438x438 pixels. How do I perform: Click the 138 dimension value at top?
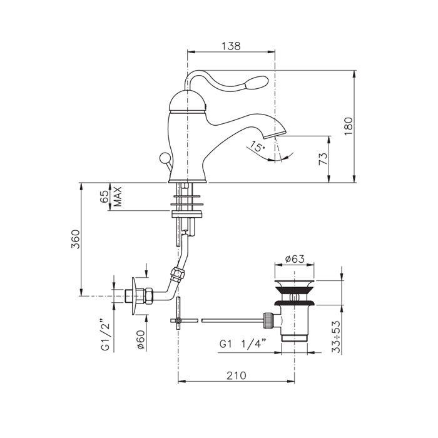coord(231,46)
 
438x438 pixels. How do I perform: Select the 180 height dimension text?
coord(349,126)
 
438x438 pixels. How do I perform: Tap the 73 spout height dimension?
coord(323,159)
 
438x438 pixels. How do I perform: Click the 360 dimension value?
coord(76,239)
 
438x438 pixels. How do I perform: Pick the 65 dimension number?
coord(104,196)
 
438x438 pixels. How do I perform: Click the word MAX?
coord(118,196)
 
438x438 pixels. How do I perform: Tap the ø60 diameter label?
coord(141,339)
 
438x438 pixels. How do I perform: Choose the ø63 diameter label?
coord(295,259)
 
